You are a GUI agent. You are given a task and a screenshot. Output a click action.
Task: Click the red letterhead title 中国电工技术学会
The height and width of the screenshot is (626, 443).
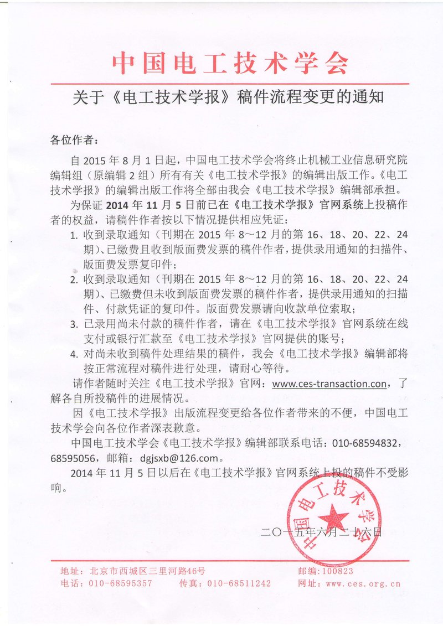231,64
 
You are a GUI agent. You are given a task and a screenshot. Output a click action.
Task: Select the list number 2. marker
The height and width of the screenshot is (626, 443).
74,279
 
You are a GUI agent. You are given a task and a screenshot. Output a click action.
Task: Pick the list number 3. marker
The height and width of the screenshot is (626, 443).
74,324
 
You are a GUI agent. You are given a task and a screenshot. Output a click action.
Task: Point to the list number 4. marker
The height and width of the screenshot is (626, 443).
74,354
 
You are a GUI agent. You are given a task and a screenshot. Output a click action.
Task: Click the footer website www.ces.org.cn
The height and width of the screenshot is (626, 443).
363,583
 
